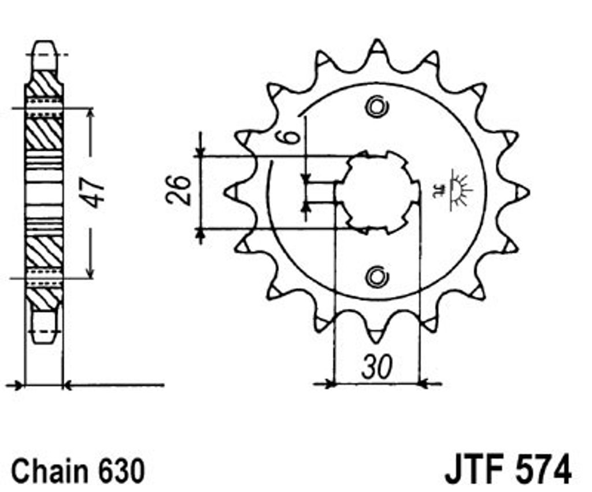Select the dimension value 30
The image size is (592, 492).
[377, 367]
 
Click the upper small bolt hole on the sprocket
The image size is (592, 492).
[376, 107]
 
